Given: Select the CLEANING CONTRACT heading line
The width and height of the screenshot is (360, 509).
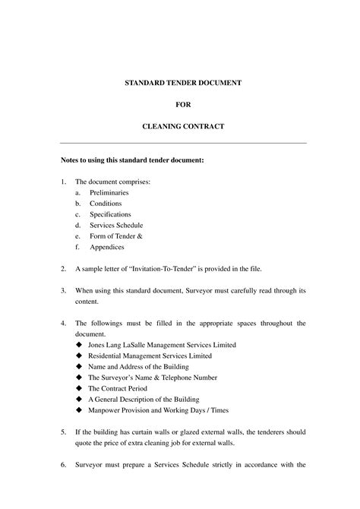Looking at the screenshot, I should click(183, 125).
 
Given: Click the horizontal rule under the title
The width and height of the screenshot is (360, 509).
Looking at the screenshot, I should click(183, 143).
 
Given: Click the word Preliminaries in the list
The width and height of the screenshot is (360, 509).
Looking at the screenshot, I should click(109, 193).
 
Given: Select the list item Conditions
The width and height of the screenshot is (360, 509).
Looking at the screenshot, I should click(106, 204).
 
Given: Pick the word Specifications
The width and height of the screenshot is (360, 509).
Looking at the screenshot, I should click(110, 214).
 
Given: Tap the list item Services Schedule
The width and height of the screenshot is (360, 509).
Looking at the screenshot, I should click(116, 225).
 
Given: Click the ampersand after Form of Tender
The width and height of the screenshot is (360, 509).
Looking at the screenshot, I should click(139, 236).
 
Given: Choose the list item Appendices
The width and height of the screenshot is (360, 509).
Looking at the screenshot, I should click(107, 247).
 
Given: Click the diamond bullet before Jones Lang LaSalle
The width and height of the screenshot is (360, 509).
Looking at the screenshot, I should click(78, 345).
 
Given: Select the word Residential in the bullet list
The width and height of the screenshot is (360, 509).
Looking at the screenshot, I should click(106, 356).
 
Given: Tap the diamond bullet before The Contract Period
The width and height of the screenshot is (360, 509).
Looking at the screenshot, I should click(78, 388).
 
